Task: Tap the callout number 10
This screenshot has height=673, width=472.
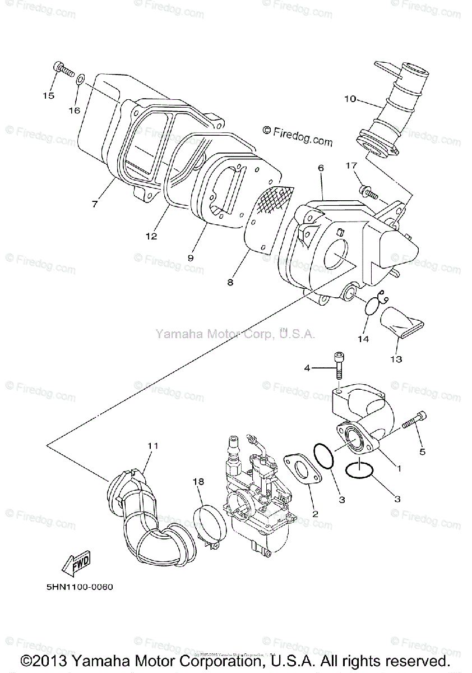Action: [350, 99]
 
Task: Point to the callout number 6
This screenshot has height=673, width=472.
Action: [321, 168]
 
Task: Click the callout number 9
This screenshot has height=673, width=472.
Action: [191, 258]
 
